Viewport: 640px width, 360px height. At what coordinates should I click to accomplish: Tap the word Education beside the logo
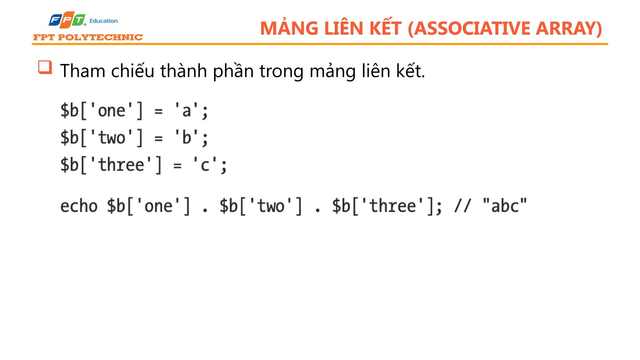[103, 21]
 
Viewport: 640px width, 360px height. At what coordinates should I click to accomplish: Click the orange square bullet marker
[45, 67]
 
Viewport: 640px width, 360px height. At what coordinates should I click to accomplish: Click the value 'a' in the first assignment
[187, 111]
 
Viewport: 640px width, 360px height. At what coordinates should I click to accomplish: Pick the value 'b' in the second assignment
[187, 138]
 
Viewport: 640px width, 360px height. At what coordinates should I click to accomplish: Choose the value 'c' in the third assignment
[205, 165]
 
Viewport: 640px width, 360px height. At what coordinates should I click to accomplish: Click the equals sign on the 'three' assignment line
[177, 166]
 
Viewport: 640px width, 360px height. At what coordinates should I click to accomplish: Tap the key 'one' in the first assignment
[112, 111]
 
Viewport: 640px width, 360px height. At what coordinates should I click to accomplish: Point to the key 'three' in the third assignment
[121, 165]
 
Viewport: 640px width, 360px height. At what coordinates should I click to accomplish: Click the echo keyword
[79, 206]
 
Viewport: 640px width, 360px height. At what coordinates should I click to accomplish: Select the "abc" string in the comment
[505, 206]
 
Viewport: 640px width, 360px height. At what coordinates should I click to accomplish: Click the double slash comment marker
[463, 206]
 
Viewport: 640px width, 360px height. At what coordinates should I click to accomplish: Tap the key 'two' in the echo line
[271, 206]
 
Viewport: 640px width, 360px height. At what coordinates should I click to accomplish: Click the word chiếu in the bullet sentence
[133, 71]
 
